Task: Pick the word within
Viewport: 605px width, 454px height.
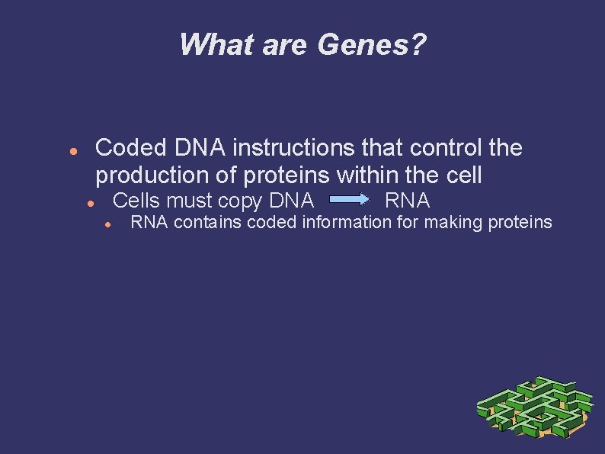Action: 369,175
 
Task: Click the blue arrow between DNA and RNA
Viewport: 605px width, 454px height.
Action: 350,200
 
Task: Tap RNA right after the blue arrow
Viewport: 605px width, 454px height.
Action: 408,201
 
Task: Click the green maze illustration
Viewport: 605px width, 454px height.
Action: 533,409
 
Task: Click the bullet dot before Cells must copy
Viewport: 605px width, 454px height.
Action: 90,204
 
